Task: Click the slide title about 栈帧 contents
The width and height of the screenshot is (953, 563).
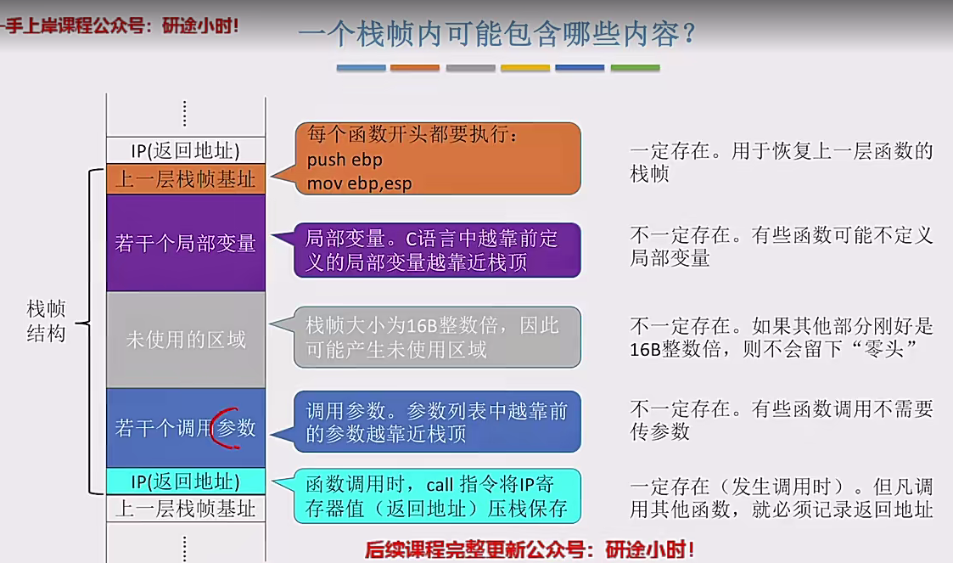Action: coord(497,33)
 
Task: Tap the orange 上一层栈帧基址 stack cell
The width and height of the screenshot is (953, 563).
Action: coord(186,179)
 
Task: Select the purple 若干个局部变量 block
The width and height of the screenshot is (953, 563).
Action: coord(186,243)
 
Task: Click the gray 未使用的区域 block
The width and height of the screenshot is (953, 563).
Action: coord(186,340)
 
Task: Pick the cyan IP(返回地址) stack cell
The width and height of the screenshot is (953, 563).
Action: coord(186,481)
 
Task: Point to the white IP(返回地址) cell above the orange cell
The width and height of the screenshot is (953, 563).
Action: coord(186,150)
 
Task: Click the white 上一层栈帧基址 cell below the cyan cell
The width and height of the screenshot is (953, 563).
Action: coord(186,509)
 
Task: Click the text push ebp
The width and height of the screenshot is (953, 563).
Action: coord(345,160)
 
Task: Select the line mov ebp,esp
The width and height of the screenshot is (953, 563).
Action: coord(359,183)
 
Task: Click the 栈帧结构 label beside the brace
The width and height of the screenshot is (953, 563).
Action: coord(46,320)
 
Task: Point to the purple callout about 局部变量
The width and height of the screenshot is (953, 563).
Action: coord(437,250)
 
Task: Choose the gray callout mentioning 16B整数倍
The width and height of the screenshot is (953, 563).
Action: coord(437,337)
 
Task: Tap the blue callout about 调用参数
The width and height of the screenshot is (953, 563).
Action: coord(437,421)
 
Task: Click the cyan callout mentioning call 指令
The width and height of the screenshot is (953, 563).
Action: coord(437,496)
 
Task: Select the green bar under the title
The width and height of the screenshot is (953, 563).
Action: coord(635,68)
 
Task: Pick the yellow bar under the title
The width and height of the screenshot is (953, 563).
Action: coord(525,68)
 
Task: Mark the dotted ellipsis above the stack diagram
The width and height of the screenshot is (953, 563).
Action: coord(185,114)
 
